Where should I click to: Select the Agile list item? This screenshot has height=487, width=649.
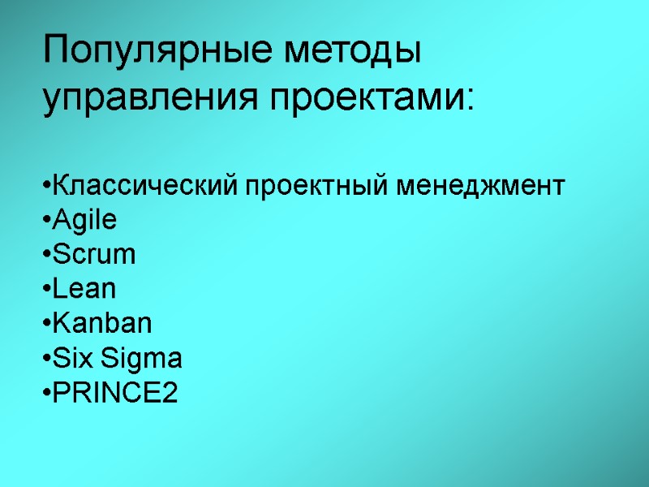(x=83, y=221)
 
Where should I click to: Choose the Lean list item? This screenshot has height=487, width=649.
(x=83, y=289)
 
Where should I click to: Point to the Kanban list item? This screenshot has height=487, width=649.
(x=101, y=324)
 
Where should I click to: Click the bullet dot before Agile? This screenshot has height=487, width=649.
(x=45, y=221)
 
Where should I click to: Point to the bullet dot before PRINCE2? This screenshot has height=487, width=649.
(x=45, y=394)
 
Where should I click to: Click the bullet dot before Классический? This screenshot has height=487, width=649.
(x=45, y=187)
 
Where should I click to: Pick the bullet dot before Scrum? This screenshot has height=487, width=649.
(x=45, y=256)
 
